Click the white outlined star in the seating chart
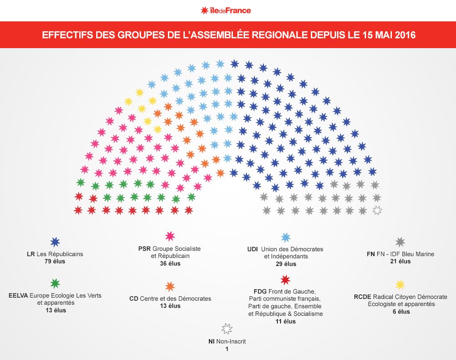point(377,211)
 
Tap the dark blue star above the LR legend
point(55,242)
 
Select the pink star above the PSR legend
point(170,236)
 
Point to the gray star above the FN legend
point(400,242)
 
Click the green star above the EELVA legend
point(55,283)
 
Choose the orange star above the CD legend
point(170,286)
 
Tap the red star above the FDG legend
point(285,280)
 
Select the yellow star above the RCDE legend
point(400,284)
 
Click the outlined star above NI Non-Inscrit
point(227,329)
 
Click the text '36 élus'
point(170,263)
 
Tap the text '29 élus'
point(285,264)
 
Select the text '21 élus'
point(400,262)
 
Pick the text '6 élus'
point(400,312)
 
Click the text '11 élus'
point(285,321)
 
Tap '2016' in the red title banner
point(403,35)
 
